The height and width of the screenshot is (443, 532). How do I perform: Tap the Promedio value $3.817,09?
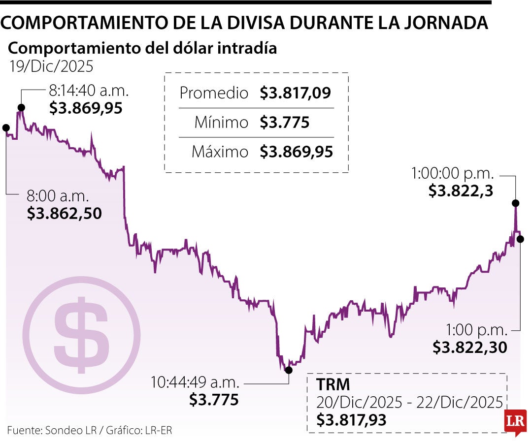(296, 93)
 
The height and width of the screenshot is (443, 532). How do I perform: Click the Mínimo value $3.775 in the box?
(285, 122)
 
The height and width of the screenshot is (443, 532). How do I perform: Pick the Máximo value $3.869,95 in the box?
(297, 152)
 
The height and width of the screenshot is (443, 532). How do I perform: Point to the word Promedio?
(214, 93)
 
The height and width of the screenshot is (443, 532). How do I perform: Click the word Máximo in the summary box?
(220, 152)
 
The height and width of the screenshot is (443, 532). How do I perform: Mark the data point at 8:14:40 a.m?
(21, 107)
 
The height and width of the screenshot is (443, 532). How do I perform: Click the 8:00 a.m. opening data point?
(6, 127)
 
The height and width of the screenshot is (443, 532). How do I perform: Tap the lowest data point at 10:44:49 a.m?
(288, 370)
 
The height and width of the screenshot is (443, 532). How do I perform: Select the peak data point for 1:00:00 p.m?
(516, 203)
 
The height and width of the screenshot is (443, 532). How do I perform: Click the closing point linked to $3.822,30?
(521, 239)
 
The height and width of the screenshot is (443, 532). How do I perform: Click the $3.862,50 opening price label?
(64, 214)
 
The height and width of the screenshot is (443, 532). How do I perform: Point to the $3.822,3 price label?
(461, 191)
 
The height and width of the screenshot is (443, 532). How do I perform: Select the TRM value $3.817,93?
(351, 420)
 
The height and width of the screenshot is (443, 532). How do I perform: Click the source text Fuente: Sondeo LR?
(47, 430)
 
